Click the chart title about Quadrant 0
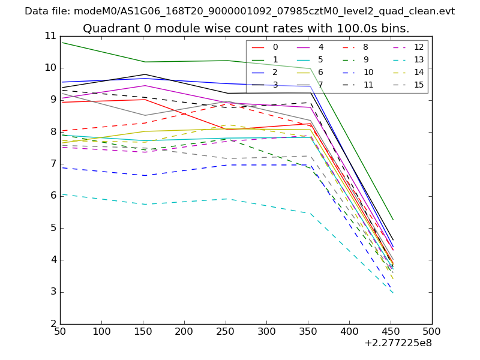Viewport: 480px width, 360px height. (x=246, y=29)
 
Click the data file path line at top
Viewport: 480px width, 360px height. (x=239, y=11)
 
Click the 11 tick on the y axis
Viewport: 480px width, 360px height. (x=50, y=35)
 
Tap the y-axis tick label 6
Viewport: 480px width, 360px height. (x=53, y=196)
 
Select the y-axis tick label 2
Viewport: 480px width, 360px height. (x=53, y=324)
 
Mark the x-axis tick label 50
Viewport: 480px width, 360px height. (x=60, y=331)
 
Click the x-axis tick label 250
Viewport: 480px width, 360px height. (x=184, y=331)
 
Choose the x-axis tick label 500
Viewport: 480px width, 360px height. (x=432, y=331)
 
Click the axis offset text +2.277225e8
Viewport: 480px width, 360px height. (x=398, y=343)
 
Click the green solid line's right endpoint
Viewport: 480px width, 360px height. (x=392, y=220)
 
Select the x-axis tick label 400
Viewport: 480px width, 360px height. (x=349, y=331)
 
